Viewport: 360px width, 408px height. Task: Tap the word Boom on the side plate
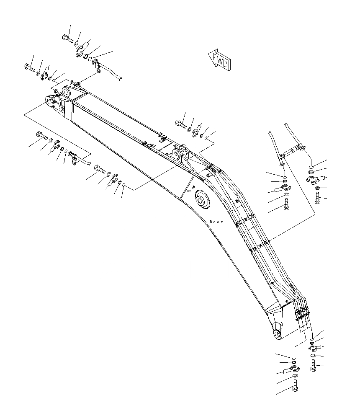(216, 222)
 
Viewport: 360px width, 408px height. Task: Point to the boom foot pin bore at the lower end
(278, 334)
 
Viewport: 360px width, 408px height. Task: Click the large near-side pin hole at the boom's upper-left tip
(51, 102)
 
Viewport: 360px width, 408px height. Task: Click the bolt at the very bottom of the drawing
(295, 387)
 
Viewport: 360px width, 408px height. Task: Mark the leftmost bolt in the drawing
(29, 67)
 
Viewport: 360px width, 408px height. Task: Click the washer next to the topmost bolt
(77, 44)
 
